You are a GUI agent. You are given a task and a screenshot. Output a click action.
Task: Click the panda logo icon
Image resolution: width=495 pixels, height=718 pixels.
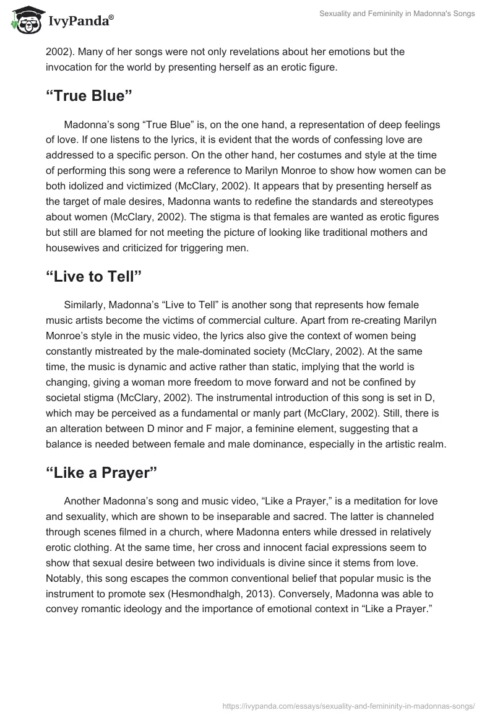pos(24,20)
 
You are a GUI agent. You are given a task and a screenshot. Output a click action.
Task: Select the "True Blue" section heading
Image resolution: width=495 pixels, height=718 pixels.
pos(90,97)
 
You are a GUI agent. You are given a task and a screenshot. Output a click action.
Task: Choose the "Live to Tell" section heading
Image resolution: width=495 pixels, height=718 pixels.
pos(94,277)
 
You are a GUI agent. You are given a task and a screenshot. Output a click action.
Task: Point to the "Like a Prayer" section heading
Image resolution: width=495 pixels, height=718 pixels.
pos(101,472)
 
